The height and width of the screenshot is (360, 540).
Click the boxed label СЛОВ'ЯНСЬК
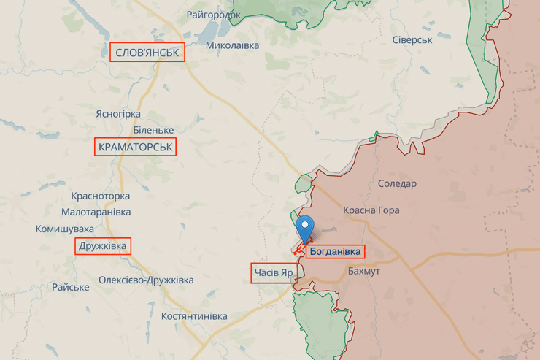point(147,53)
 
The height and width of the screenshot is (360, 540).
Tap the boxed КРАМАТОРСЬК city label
point(136,148)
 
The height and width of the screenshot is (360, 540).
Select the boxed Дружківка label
point(104,246)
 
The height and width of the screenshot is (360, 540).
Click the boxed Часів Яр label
point(274,273)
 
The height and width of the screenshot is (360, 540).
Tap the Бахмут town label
point(364,271)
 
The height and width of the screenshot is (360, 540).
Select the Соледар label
point(397,183)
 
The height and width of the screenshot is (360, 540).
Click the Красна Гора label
point(371,210)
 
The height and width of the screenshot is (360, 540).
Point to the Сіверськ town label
point(412,39)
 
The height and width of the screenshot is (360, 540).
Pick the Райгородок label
point(213,15)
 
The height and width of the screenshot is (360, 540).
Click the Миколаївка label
point(232,45)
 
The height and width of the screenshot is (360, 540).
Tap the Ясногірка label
point(118,114)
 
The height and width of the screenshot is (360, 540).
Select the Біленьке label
point(153,130)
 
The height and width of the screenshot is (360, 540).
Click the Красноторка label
point(101,196)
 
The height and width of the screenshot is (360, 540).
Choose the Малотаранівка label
point(96,212)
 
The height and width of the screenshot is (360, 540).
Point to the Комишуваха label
point(65,229)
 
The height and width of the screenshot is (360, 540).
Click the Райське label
point(70,287)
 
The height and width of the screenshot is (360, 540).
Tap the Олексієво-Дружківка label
point(146,280)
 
